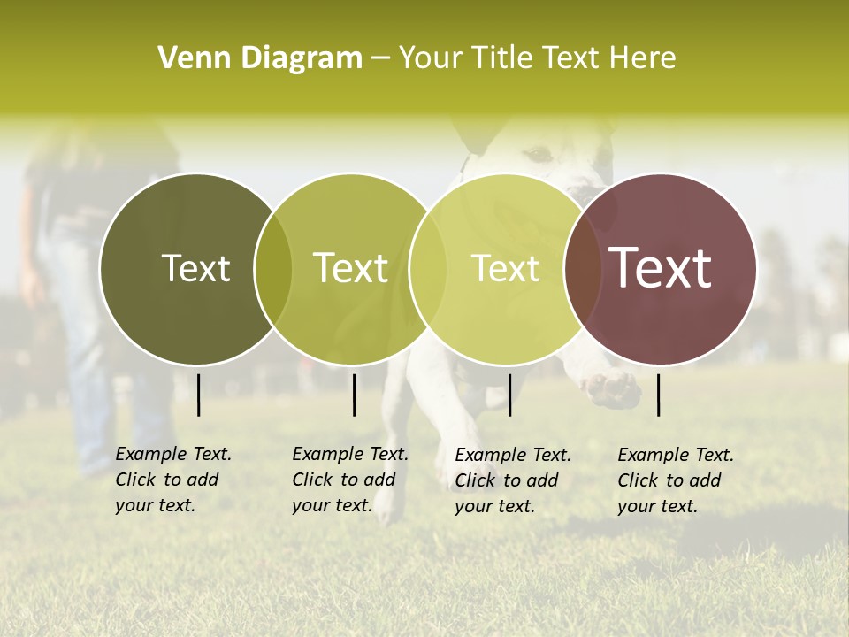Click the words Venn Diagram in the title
tap(260, 58)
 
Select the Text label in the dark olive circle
tap(195, 268)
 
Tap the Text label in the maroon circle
tap(660, 268)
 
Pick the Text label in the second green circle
tap(350, 268)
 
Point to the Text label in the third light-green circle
tap(505, 268)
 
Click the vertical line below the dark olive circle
tap(198, 395)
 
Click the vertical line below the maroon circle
tap(659, 395)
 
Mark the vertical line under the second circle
tap(354, 395)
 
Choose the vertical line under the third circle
tap(510, 395)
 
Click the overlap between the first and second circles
tap(273, 268)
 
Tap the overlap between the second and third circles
tap(428, 268)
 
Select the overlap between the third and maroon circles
tap(583, 268)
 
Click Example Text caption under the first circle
tap(173, 454)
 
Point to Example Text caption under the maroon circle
tap(676, 455)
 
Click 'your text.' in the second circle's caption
tap(332, 506)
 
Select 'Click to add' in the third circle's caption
tap(507, 480)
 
